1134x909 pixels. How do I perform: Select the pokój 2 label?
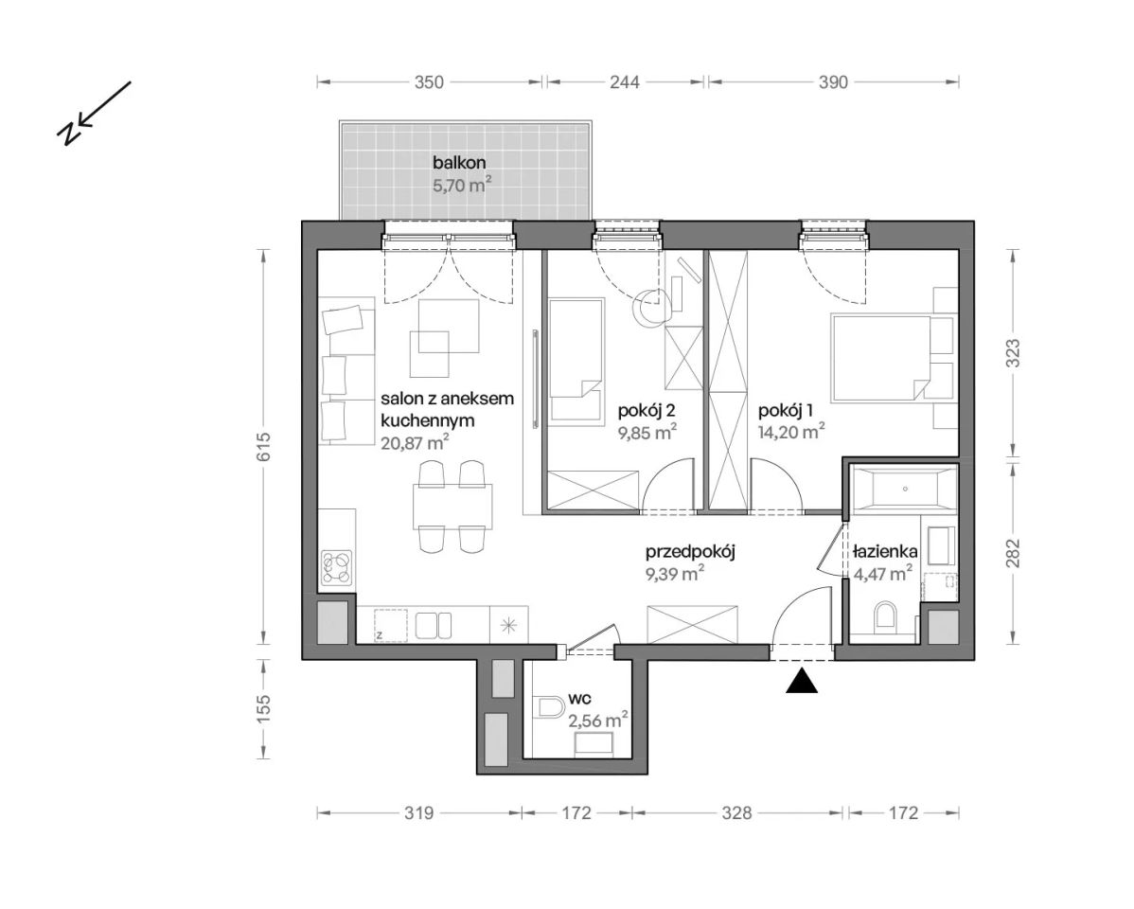(647, 411)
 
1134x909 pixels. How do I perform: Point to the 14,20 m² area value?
(792, 432)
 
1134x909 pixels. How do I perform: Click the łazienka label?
(885, 551)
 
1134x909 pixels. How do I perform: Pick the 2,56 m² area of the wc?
(598, 721)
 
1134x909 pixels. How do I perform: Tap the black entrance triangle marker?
(802, 682)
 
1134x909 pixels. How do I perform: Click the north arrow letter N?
(68, 133)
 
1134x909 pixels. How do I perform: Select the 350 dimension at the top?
(429, 81)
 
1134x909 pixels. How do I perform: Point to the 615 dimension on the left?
(263, 447)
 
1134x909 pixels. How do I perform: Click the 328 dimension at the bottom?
(737, 813)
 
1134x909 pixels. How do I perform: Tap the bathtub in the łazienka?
(904, 489)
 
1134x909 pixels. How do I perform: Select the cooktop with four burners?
(337, 567)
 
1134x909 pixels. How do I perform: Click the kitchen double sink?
(434, 625)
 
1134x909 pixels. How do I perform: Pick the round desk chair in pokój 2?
(650, 307)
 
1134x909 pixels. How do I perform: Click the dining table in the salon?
(452, 506)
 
